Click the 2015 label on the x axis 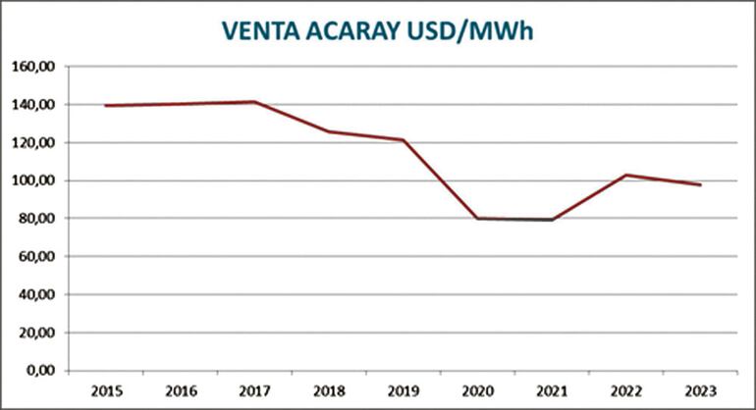pos(105,391)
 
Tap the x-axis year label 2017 pos(253,391)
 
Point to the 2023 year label pos(700,391)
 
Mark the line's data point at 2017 pos(253,102)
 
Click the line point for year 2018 pos(328,131)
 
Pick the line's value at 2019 pos(403,140)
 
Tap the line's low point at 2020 pos(477,218)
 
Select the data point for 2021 pos(552,220)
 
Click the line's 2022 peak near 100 pos(626,175)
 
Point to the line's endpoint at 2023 pos(700,184)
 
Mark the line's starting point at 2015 pos(105,105)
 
